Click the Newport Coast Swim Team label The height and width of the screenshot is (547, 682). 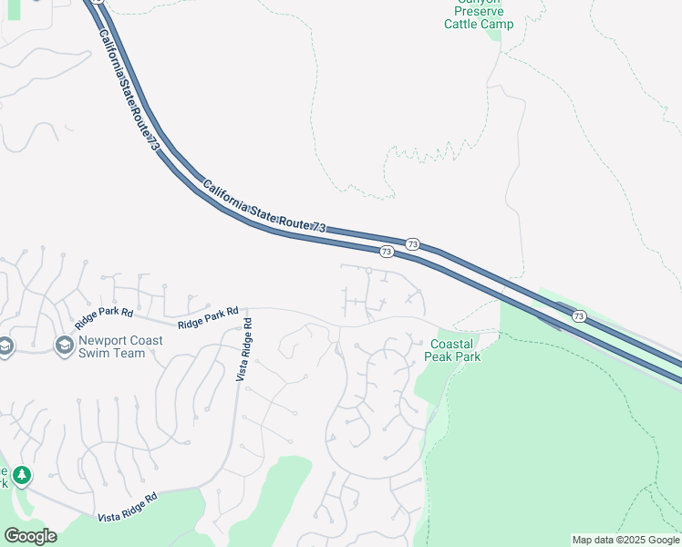click(121, 346)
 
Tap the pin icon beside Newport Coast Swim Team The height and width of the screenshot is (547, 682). click(64, 346)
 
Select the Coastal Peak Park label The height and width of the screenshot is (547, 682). click(455, 350)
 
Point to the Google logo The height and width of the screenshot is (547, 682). click(30, 536)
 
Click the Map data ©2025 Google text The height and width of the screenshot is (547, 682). click(625, 540)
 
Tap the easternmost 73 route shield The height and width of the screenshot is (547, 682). click(579, 315)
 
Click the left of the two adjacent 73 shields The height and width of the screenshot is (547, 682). click(387, 251)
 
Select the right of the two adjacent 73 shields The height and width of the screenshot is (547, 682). click(413, 244)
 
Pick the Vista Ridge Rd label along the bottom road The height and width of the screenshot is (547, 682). click(127, 507)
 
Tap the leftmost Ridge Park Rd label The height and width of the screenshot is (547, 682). click(104, 315)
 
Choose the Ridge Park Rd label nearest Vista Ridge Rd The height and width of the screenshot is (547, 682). click(208, 317)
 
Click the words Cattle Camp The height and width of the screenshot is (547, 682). click(479, 24)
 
